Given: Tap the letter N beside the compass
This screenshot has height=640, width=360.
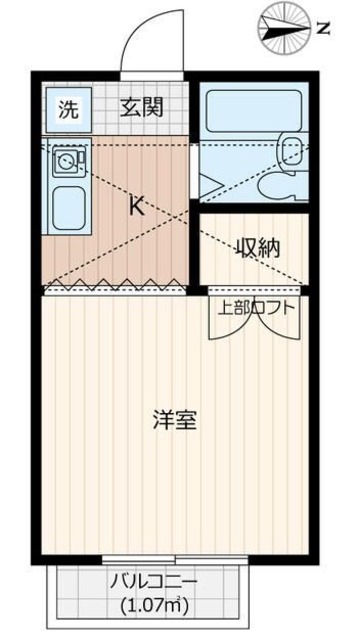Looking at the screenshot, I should click(x=323, y=28).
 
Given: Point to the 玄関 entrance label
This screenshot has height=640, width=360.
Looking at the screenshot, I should click(x=139, y=108).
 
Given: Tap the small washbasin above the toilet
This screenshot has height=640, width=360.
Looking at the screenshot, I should click(x=292, y=150).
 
